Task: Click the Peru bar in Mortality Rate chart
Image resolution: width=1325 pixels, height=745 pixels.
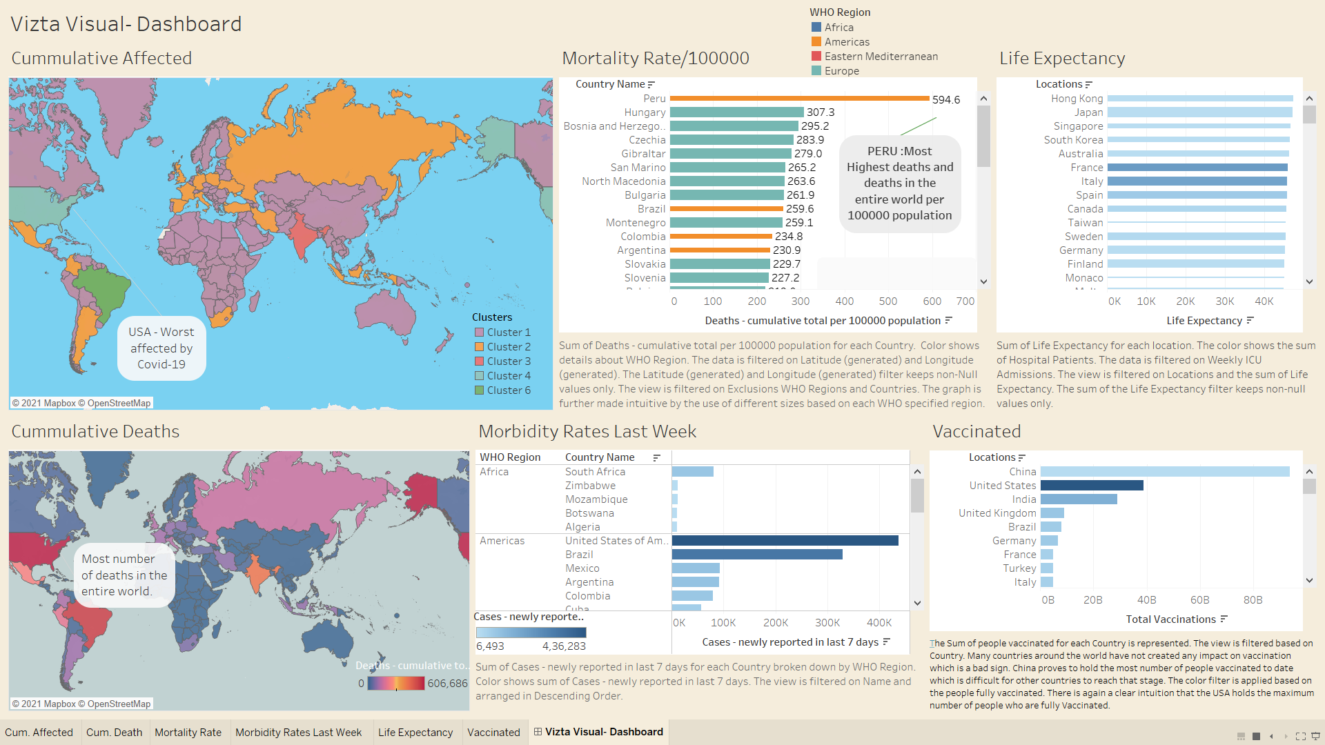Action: [799, 99]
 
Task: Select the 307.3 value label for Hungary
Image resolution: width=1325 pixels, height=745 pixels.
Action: [820, 112]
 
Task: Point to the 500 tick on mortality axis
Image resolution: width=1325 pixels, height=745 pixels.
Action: [887, 301]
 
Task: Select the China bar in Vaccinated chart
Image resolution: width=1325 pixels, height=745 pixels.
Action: [1165, 472]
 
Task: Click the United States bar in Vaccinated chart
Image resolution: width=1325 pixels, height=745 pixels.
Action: [1092, 486]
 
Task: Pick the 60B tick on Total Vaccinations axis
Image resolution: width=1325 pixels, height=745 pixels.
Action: [1199, 600]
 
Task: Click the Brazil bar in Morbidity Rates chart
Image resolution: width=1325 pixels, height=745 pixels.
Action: [757, 555]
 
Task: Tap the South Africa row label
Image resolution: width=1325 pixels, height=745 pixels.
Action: [595, 472]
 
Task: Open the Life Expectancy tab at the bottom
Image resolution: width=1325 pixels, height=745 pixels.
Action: [415, 733]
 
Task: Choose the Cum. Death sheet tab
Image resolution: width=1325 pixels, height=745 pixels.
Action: [114, 733]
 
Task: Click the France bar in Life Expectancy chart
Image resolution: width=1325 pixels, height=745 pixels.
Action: [1197, 168]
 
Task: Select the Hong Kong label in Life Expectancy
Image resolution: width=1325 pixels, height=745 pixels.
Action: [1077, 99]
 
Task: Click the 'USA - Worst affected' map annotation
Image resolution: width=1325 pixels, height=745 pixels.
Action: [161, 348]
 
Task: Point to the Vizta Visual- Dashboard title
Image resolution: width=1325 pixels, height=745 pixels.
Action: [126, 24]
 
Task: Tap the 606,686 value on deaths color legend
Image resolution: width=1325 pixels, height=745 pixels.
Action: [447, 684]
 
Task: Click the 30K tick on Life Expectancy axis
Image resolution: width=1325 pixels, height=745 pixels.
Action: [1224, 301]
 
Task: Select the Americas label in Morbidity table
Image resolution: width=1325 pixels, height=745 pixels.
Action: [502, 541]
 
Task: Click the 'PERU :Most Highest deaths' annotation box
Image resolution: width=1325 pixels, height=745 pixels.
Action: [899, 183]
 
